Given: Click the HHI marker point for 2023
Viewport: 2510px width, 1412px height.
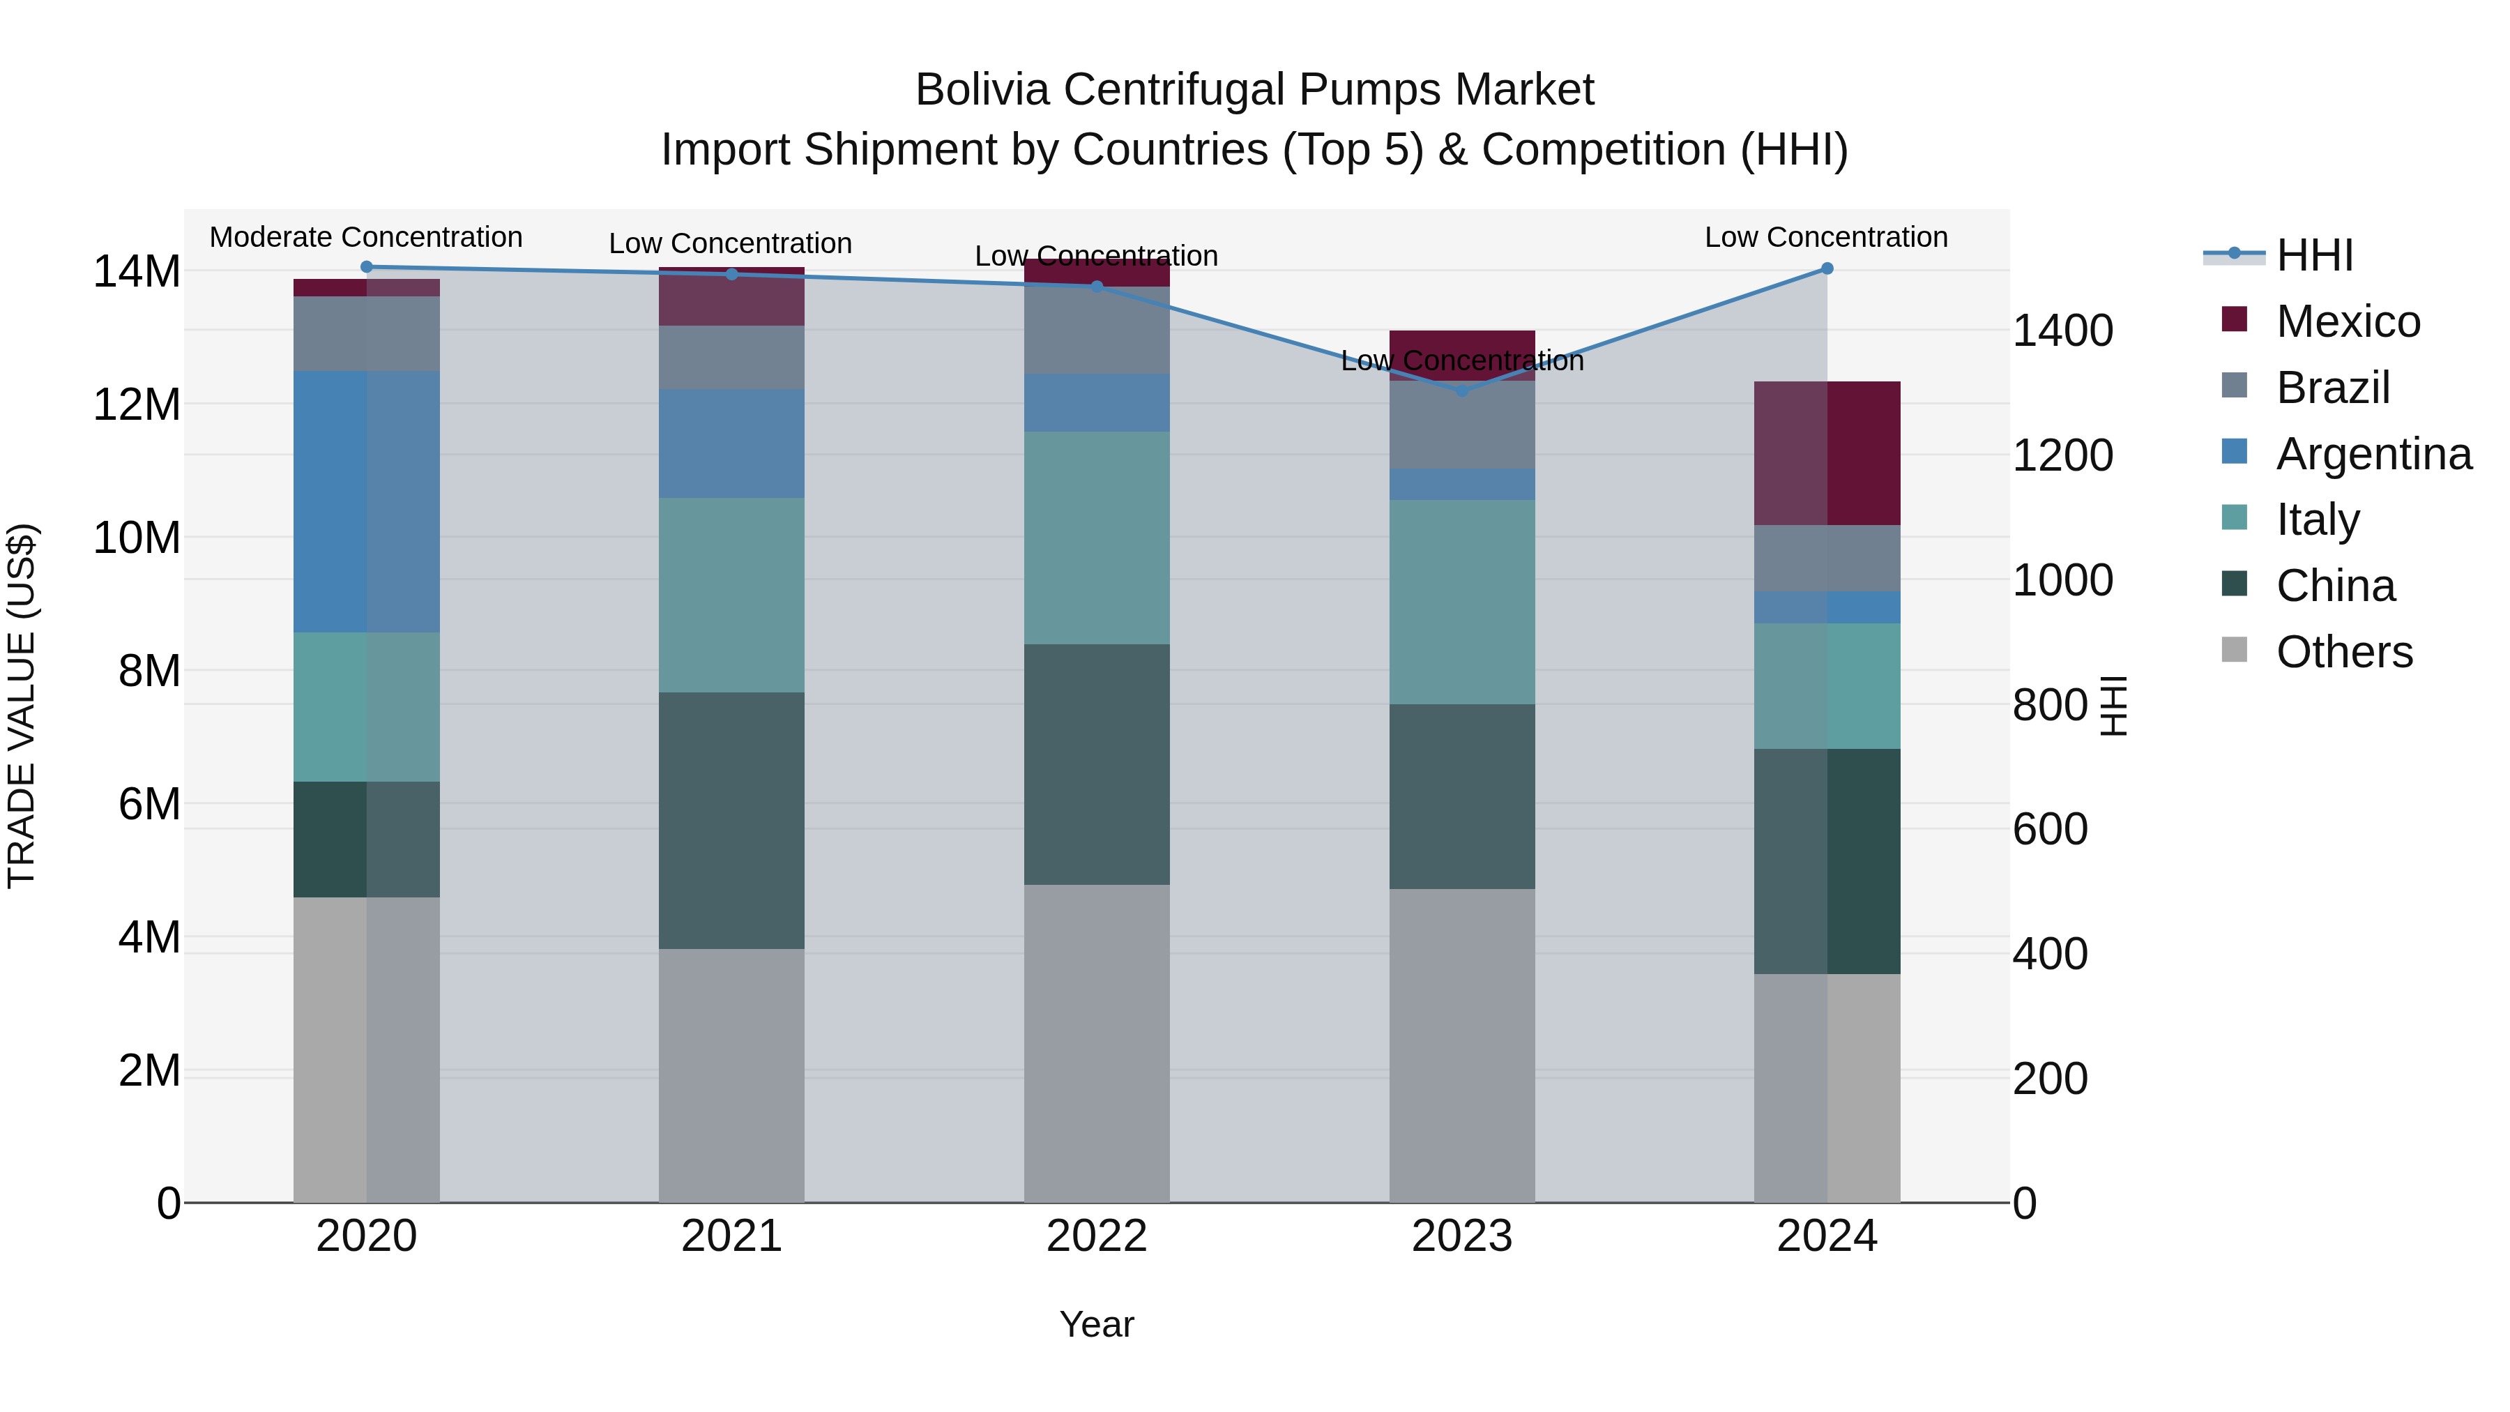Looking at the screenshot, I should (x=1461, y=390).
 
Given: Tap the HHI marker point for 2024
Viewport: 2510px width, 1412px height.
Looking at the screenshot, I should (x=1827, y=268).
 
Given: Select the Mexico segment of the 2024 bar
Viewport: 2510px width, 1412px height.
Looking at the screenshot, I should (x=1827, y=453).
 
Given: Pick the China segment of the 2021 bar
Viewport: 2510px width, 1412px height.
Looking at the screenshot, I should (x=732, y=821).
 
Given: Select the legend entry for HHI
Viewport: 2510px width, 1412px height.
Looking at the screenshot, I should (x=2314, y=255).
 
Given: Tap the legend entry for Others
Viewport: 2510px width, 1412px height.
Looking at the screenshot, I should (x=2343, y=652).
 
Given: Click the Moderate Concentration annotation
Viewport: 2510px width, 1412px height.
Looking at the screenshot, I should (x=366, y=237).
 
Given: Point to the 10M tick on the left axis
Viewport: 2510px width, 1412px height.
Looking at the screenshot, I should (x=137, y=538).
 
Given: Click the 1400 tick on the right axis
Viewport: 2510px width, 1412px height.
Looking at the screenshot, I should (x=2063, y=331).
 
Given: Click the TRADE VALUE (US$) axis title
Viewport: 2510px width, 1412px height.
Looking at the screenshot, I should (x=22, y=706).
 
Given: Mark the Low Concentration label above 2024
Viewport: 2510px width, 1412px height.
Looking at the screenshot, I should (x=1826, y=237).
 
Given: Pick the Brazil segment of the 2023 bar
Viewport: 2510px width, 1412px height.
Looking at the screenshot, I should (x=1461, y=425).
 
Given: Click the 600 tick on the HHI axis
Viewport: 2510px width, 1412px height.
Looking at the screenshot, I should (x=2050, y=829).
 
